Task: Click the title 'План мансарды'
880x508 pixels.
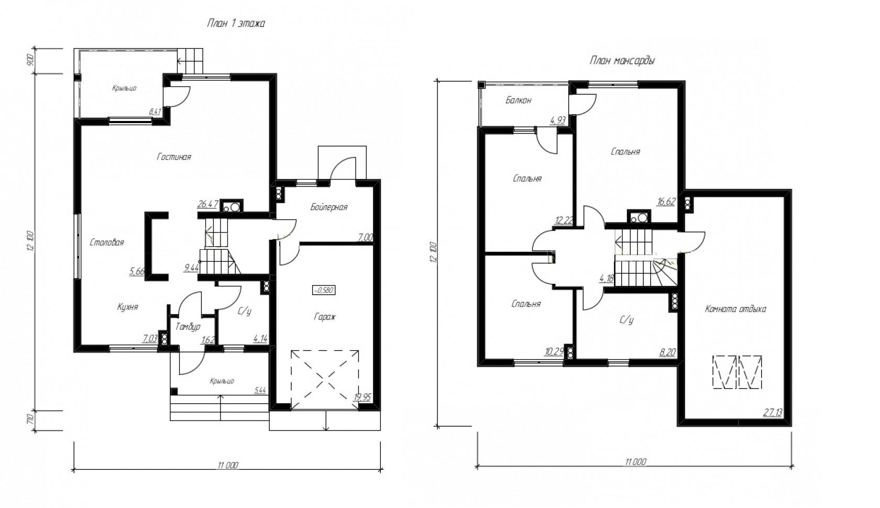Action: pyautogui.click(x=622, y=61)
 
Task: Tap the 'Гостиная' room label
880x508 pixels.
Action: pyautogui.click(x=174, y=157)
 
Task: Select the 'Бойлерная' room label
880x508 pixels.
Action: pyautogui.click(x=328, y=207)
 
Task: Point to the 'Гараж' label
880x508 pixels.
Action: pyautogui.click(x=325, y=317)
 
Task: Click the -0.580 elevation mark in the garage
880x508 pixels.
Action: pyautogui.click(x=324, y=290)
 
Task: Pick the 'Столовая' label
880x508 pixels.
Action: pyautogui.click(x=107, y=242)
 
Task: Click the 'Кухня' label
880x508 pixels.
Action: pyautogui.click(x=127, y=307)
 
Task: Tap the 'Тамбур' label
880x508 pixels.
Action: pyautogui.click(x=188, y=327)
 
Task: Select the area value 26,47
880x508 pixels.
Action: pyautogui.click(x=207, y=204)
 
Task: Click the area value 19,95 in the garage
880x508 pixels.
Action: pyautogui.click(x=362, y=397)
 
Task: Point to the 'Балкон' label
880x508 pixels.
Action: pyautogui.click(x=518, y=100)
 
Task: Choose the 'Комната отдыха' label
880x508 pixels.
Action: pyautogui.click(x=735, y=309)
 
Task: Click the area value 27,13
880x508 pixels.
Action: pyautogui.click(x=773, y=413)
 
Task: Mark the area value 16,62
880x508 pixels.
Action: pyautogui.click(x=666, y=201)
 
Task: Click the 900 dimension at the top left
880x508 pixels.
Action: pyautogui.click(x=30, y=60)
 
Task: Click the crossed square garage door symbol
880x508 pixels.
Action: pyautogui.click(x=325, y=379)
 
